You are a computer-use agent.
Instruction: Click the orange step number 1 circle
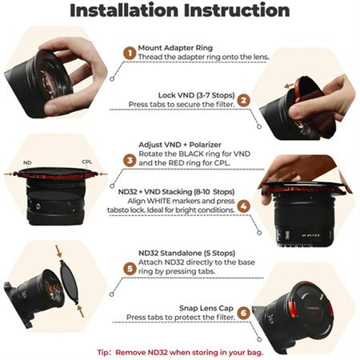(127, 53)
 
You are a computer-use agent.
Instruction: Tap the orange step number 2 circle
(243, 100)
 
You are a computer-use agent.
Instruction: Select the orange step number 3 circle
(128, 160)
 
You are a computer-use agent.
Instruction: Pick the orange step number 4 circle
(243, 205)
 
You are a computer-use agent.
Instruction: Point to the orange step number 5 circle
(128, 269)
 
